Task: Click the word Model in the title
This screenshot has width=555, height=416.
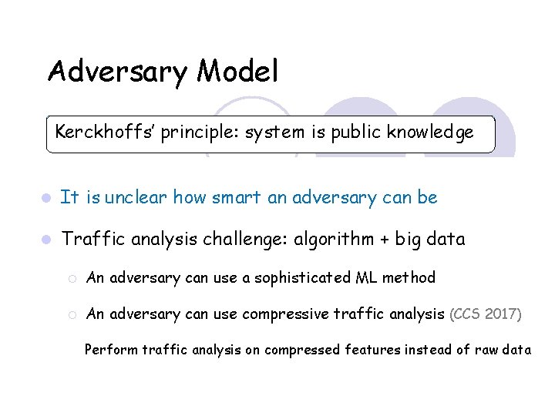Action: [237, 72]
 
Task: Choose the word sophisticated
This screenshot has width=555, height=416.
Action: [294, 277]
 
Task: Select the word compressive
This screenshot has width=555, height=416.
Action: [285, 314]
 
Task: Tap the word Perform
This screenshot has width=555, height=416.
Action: [109, 350]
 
